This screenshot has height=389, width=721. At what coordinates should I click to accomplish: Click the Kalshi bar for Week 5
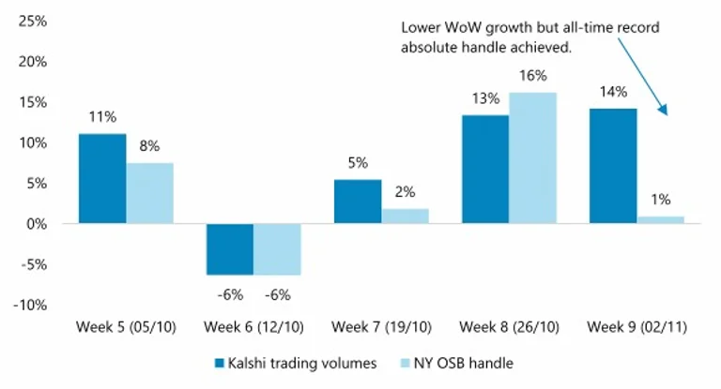click(102, 178)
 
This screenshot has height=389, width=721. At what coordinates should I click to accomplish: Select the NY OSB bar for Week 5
click(150, 193)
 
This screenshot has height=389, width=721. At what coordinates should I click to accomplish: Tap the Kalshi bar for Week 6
click(230, 248)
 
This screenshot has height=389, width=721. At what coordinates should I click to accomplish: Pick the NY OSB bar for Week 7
click(405, 216)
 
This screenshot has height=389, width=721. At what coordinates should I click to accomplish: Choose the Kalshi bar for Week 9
click(612, 166)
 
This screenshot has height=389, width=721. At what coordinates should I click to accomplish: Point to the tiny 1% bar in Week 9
click(660, 219)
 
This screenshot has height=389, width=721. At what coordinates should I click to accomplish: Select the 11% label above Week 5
click(102, 118)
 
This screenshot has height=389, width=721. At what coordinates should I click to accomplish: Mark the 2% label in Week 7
click(405, 193)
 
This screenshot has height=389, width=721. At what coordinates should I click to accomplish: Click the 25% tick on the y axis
click(34, 20)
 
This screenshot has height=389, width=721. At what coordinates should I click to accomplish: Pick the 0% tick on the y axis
click(38, 224)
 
